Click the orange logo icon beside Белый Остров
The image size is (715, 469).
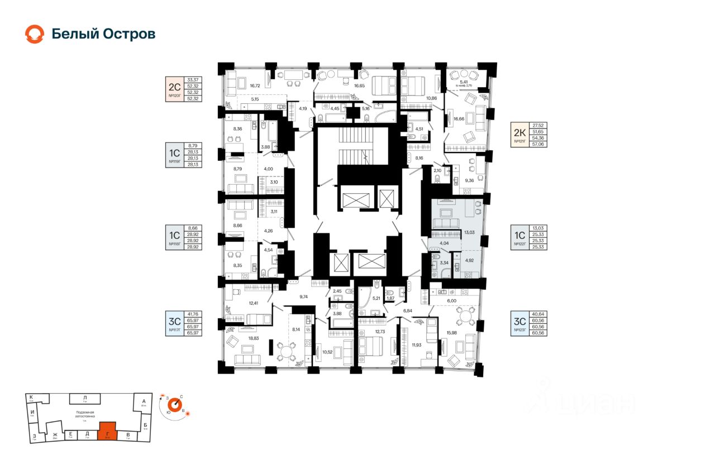[34, 34]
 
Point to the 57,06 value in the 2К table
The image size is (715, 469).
[540, 144]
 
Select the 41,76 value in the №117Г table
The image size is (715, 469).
[193, 314]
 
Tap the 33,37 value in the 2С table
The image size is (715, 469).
[193, 80]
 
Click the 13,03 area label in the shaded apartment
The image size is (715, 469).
[470, 232]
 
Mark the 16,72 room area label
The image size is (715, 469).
[255, 85]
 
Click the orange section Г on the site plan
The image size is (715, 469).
[107, 431]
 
